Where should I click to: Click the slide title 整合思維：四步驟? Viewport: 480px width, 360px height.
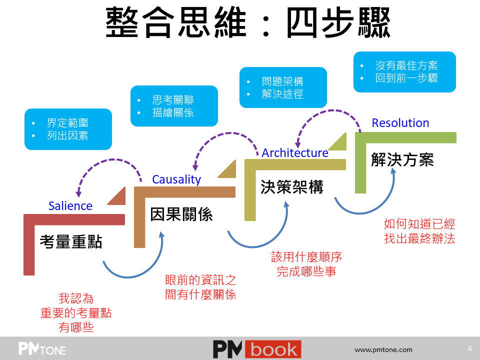[248, 23]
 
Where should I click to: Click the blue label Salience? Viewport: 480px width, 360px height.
[70, 205]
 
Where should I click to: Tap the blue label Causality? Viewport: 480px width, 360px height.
[176, 179]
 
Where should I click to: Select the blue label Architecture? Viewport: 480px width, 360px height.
[295, 153]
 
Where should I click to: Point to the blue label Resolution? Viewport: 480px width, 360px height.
[400, 123]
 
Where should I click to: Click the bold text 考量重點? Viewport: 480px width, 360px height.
[71, 242]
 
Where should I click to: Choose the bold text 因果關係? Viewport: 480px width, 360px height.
[181, 214]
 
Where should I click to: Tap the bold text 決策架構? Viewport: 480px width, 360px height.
[292, 186]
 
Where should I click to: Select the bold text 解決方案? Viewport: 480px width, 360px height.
[402, 159]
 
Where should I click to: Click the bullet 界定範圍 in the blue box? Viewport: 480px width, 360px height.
[67, 123]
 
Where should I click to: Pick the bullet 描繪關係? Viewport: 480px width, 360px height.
[173, 112]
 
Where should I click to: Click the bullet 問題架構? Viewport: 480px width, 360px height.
[282, 81]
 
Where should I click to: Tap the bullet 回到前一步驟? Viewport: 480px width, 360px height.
[406, 78]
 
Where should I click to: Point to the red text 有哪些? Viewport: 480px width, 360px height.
[76, 327]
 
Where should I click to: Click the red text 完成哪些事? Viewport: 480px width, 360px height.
[306, 271]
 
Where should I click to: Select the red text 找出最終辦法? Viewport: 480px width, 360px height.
[419, 238]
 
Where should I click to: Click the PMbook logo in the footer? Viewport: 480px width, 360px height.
[257, 349]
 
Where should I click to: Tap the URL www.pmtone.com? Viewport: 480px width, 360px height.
[383, 349]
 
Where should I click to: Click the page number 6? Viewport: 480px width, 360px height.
[469, 348]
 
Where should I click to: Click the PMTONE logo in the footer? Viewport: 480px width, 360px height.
[42, 348]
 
